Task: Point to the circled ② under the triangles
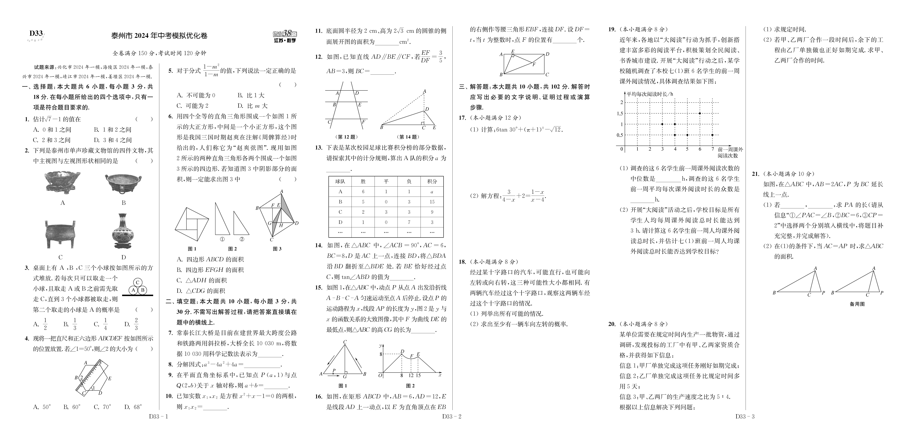pyautogui.click(x=242, y=239)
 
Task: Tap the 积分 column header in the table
pyautogui.click(x=432, y=181)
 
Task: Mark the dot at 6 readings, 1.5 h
pyautogui.click(x=700, y=113)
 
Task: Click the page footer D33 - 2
pyautogui.click(x=451, y=417)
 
